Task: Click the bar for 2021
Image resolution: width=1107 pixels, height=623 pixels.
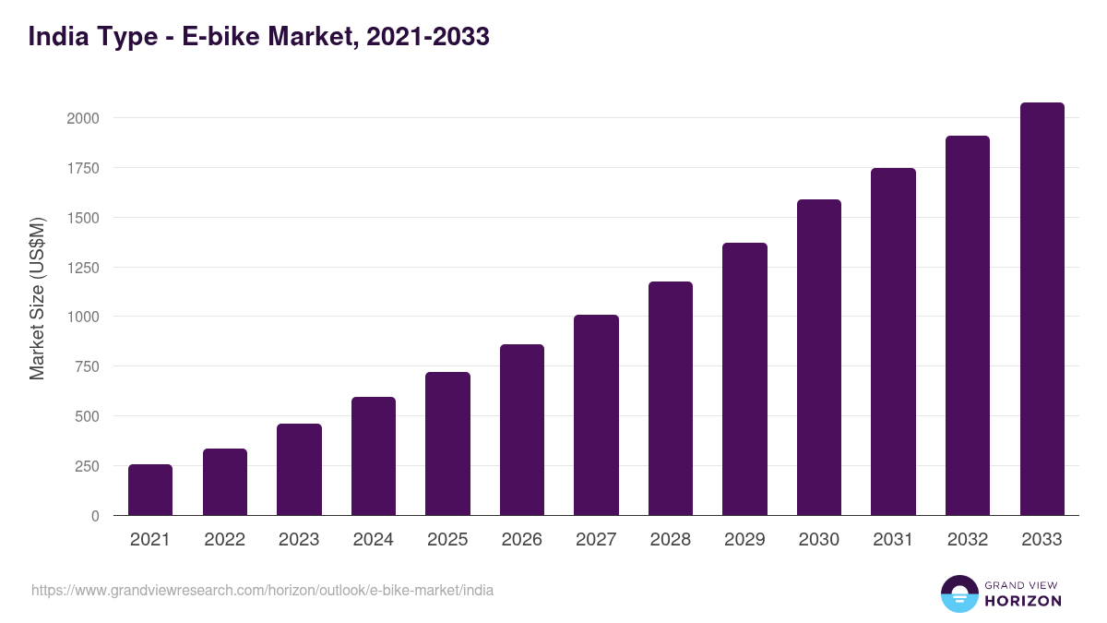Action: [x=150, y=490]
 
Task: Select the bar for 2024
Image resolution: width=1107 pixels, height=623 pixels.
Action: [x=374, y=456]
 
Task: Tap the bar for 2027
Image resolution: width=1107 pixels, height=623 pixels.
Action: [x=596, y=415]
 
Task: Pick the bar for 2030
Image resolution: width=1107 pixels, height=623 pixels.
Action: [x=819, y=357]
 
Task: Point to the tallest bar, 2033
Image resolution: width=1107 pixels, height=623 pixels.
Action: [x=1042, y=309]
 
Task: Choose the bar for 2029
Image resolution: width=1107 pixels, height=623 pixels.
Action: [x=744, y=379]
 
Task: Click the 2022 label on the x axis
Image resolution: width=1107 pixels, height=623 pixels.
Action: [x=224, y=540]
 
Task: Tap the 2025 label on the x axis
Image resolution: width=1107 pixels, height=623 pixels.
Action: [x=447, y=540]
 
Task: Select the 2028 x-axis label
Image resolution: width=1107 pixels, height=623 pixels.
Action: [x=671, y=540]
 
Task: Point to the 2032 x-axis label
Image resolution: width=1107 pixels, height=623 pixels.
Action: [x=968, y=540]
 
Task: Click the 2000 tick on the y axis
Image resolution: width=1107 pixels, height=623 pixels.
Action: [x=82, y=118]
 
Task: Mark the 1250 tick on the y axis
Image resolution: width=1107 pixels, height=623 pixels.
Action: [x=82, y=268]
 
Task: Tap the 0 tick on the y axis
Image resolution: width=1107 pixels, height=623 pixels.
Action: [x=95, y=516]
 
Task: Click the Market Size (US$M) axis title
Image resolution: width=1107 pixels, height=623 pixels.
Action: [x=37, y=299]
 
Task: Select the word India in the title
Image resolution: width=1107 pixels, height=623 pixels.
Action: [x=58, y=37]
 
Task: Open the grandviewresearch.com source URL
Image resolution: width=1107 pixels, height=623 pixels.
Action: [x=262, y=590]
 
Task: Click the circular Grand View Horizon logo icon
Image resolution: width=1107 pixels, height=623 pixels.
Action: [x=959, y=593]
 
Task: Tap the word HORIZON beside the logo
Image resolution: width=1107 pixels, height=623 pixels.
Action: [x=1023, y=601]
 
